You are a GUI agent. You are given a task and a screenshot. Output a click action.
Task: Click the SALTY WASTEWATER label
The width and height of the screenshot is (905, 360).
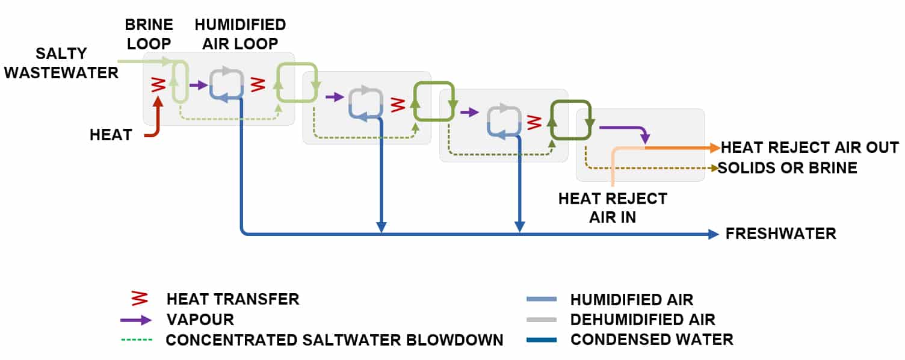(x=77, y=63)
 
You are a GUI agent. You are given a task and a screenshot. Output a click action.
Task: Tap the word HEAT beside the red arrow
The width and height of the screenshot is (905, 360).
(x=111, y=135)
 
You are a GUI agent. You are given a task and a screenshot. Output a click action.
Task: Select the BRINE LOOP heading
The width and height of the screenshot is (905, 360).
(x=149, y=34)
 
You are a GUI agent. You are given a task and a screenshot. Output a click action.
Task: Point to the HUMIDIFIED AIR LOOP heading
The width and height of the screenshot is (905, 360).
(x=239, y=34)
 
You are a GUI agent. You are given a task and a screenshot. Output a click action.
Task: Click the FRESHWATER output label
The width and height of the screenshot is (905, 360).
(x=780, y=234)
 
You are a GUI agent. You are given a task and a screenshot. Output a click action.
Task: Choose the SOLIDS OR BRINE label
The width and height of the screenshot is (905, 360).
(x=787, y=167)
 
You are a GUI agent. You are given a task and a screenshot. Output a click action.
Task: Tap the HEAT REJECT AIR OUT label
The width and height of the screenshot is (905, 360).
(x=809, y=147)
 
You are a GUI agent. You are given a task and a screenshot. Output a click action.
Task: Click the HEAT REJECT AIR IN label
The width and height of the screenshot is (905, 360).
(x=613, y=208)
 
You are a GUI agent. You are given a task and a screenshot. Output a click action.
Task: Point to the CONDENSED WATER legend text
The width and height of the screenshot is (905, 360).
(x=652, y=340)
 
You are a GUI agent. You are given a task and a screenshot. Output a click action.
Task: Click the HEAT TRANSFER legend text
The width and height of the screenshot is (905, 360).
(x=232, y=299)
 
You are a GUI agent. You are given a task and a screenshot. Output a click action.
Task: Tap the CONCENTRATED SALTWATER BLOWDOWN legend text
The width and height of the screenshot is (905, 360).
(x=334, y=340)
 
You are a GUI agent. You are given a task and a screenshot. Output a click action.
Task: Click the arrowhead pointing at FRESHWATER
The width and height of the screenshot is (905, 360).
(x=714, y=234)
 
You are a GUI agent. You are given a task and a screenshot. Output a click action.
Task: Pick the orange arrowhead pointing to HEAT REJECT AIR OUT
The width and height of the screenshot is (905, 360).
(x=714, y=147)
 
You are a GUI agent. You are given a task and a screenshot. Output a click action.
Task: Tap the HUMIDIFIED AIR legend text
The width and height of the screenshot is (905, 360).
(x=631, y=299)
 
